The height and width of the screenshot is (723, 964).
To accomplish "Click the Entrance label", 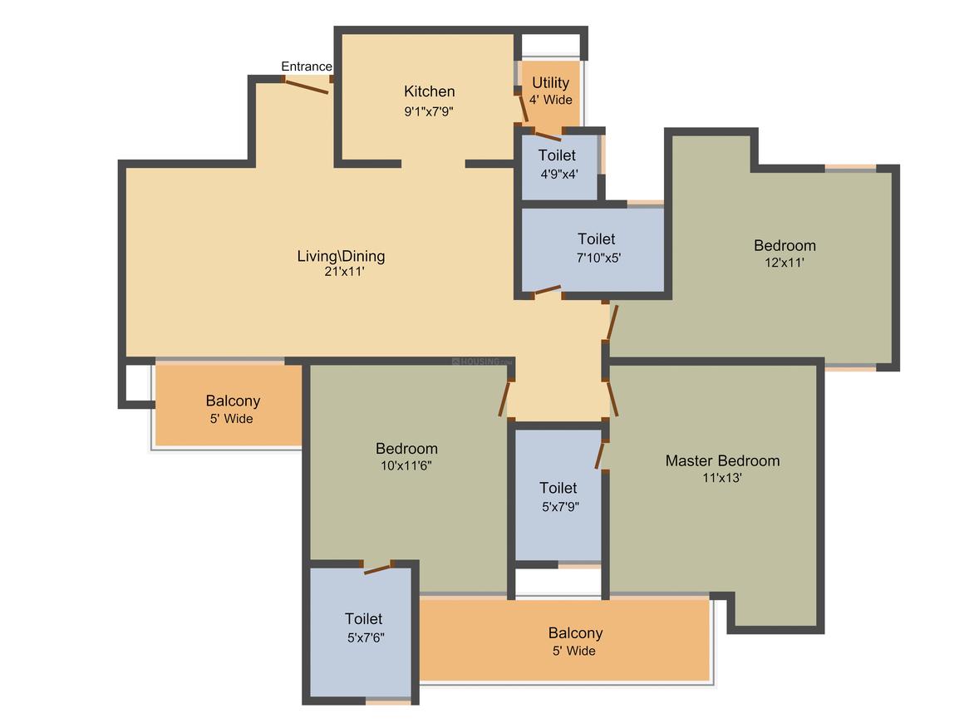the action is [x=306, y=66].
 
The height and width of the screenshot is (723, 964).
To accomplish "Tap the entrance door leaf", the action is [x=306, y=86].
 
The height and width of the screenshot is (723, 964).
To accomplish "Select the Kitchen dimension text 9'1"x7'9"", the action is [x=429, y=111].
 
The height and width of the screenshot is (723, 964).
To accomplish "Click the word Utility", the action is [x=550, y=82].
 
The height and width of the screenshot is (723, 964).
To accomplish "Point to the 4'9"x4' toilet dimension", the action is [x=558, y=174].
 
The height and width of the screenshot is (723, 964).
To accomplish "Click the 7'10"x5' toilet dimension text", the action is [x=598, y=258].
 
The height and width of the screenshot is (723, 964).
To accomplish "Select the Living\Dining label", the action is [x=341, y=256].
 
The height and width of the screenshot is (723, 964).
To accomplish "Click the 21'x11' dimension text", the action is [x=344, y=271].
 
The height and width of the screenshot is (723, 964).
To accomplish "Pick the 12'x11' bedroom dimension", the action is [x=784, y=262].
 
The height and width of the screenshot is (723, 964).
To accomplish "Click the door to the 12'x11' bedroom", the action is [x=612, y=322].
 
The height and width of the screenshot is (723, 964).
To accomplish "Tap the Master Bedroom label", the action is [x=722, y=460].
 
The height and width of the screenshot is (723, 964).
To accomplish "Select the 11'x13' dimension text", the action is [x=722, y=477].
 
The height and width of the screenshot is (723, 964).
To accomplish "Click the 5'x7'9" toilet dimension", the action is [x=560, y=507].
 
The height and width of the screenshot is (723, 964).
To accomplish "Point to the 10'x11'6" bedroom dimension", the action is [x=406, y=465].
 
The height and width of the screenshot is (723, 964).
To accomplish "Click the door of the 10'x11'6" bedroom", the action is [x=504, y=398].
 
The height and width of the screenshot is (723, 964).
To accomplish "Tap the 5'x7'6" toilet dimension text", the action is [x=366, y=637].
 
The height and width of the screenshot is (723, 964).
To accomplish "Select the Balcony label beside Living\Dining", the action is [x=233, y=401].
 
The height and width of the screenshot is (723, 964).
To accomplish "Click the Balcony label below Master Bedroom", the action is [x=575, y=633].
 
